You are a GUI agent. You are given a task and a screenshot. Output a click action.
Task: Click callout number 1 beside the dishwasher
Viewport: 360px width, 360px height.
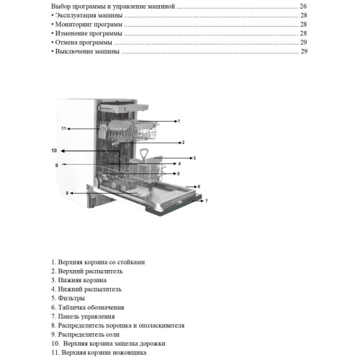[179, 121]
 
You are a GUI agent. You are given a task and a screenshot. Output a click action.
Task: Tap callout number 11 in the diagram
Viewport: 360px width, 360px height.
[63, 129]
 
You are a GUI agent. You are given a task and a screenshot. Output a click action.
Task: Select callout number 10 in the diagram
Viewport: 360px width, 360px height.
[54, 150]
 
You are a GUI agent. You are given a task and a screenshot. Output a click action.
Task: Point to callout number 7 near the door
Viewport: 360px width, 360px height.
[207, 201]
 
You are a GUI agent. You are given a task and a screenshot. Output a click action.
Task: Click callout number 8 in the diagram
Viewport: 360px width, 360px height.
[67, 193]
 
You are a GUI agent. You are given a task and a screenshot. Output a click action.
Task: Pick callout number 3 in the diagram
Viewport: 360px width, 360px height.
[194, 158]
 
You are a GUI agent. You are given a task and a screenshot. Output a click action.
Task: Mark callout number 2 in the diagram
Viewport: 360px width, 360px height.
[183, 143]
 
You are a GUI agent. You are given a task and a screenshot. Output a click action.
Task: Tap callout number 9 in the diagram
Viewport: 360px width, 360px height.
[57, 165]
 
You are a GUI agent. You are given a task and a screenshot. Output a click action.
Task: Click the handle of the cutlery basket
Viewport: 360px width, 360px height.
[143, 154]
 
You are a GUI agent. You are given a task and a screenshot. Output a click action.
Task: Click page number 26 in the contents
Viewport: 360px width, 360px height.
[303, 6]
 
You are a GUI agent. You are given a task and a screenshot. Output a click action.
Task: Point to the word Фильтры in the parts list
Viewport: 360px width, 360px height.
[71, 298]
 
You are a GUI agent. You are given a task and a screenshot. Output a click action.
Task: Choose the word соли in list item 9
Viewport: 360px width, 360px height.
[112, 335]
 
